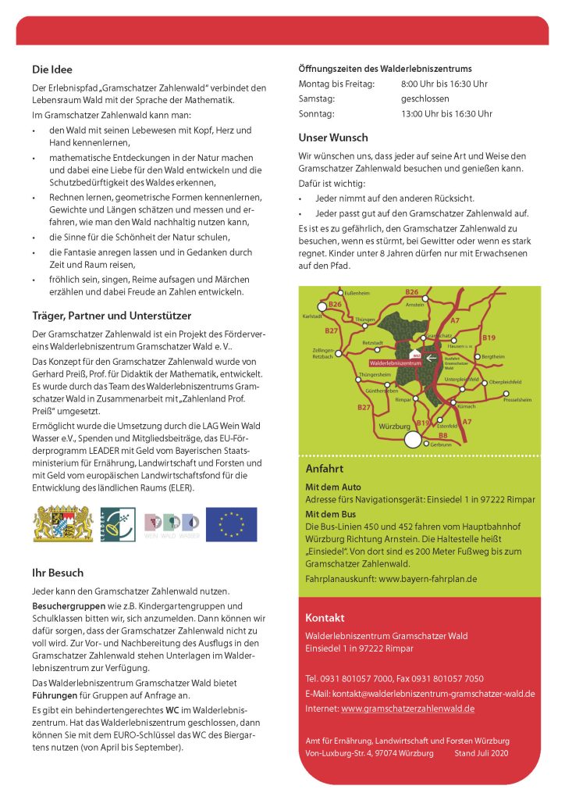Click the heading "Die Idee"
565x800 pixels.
point(52,69)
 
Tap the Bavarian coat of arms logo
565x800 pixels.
point(52,524)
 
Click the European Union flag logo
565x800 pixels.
point(231,524)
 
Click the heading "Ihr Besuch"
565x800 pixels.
point(58,573)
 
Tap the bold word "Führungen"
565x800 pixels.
point(56,695)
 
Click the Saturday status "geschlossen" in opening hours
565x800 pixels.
point(425,99)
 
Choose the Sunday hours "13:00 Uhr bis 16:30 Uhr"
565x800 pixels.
point(446,114)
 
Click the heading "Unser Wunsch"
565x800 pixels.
point(333,137)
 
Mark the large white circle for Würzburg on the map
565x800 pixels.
point(412,440)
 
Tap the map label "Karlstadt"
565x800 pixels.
point(312,316)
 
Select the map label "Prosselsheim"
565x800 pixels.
point(517,399)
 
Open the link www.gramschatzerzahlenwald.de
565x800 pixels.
point(407,709)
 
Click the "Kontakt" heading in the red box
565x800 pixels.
point(325,617)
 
